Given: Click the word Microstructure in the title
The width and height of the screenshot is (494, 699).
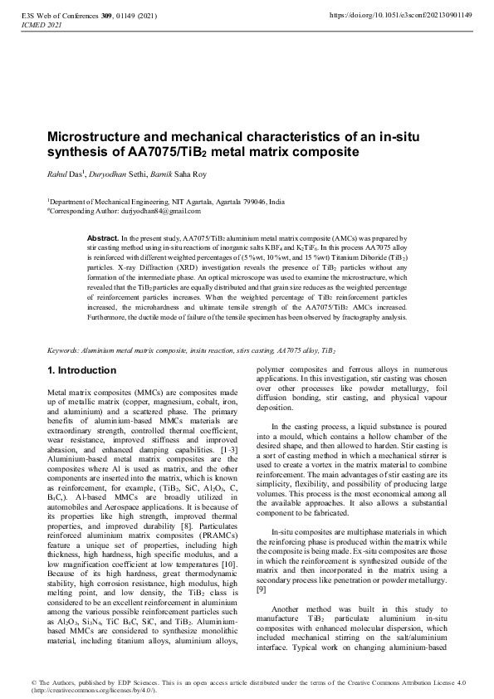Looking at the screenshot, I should click(x=92, y=137).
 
